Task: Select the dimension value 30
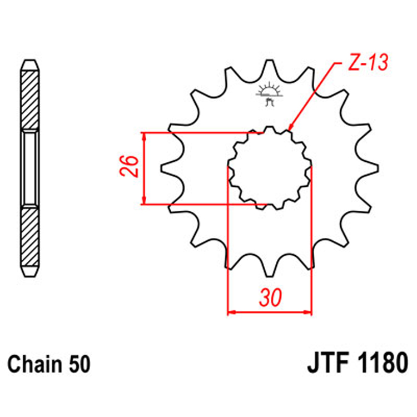coord(270,299)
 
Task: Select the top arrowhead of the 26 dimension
coord(145,137)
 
